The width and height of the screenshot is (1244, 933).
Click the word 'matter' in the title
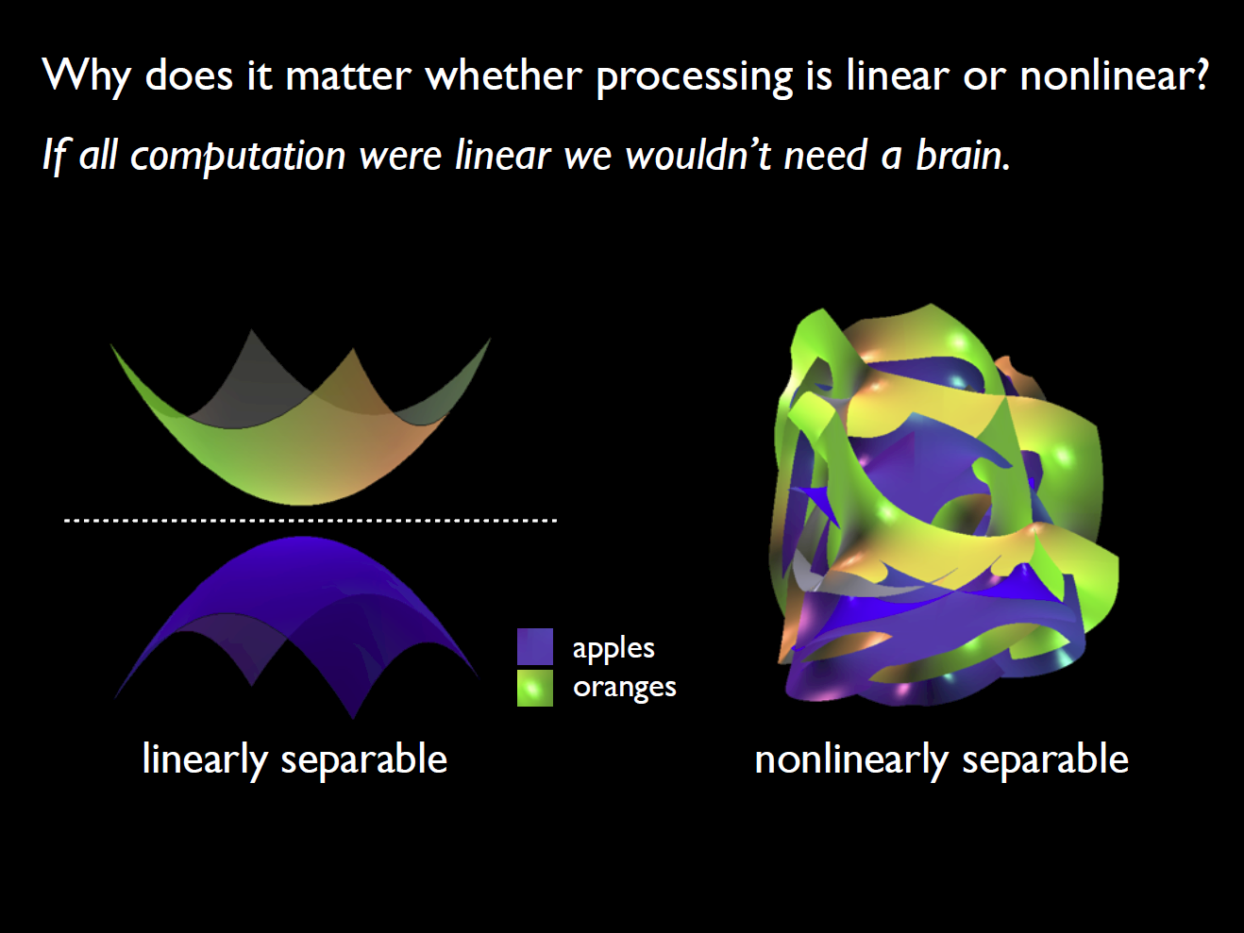point(348,75)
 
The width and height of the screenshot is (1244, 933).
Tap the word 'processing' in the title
point(695,77)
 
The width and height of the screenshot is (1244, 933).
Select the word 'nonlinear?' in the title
point(1114,75)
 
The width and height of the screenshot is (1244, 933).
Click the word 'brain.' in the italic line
point(964,155)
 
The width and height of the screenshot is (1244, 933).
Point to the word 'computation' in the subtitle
point(238,157)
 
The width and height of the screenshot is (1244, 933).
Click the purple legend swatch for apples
point(534,646)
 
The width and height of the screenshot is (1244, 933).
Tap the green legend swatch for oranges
point(534,689)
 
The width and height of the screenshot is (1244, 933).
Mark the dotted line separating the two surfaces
point(311,520)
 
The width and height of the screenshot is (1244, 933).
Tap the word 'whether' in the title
point(504,75)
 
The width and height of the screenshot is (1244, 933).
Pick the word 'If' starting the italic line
point(54,155)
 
